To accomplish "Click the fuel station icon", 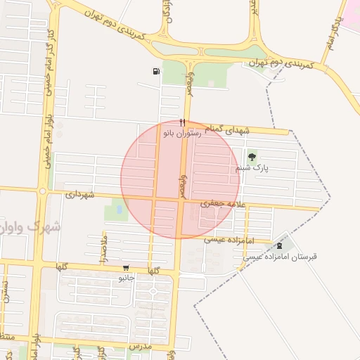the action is [155, 71].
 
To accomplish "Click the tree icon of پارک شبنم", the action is [252, 156].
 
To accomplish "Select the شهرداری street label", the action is [79, 194].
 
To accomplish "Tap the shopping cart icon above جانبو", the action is [126, 267].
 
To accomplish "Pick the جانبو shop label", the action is [126, 278].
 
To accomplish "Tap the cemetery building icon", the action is [281, 245].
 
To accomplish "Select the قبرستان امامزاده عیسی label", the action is [281, 257].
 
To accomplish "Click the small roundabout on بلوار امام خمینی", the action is [43, 191].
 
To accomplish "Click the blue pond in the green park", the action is [119, 209].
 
